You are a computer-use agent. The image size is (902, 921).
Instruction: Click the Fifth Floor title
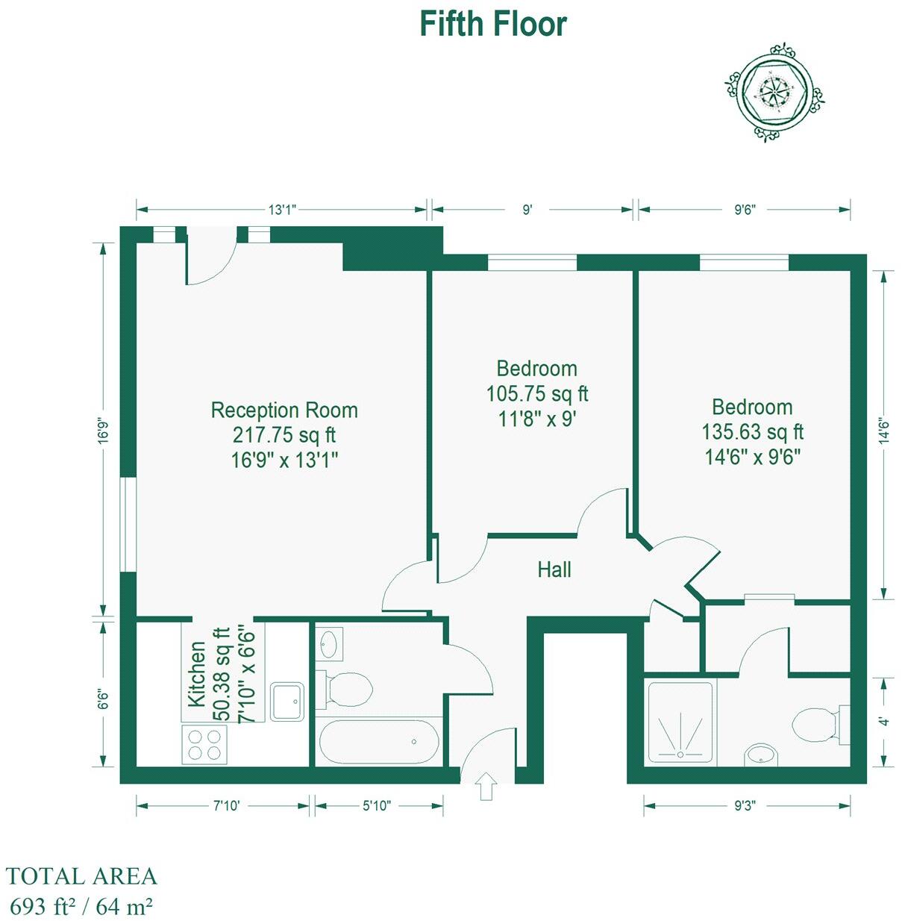click(492, 24)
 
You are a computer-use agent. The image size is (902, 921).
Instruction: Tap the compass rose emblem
click(775, 93)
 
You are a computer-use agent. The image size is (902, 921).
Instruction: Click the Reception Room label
click(284, 410)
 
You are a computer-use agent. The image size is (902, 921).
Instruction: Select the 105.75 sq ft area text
click(537, 393)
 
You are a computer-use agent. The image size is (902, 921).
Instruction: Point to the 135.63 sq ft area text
click(752, 432)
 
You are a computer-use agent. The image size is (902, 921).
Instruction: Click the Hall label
click(554, 569)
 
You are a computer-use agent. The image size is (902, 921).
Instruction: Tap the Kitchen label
click(196, 674)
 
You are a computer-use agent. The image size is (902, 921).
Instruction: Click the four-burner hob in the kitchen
click(204, 743)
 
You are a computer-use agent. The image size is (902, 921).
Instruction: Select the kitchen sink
click(287, 701)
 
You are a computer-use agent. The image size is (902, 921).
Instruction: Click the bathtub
click(379, 742)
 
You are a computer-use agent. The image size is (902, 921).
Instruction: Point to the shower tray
click(680, 722)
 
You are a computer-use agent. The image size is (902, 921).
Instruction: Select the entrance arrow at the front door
click(486, 786)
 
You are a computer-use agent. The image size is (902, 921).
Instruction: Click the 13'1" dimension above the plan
click(282, 210)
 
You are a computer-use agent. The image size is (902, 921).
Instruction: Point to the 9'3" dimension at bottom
click(743, 806)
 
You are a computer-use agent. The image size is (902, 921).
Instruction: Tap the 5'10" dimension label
click(377, 806)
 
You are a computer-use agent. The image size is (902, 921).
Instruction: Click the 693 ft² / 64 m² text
click(81, 906)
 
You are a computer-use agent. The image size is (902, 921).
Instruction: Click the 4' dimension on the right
click(883, 722)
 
